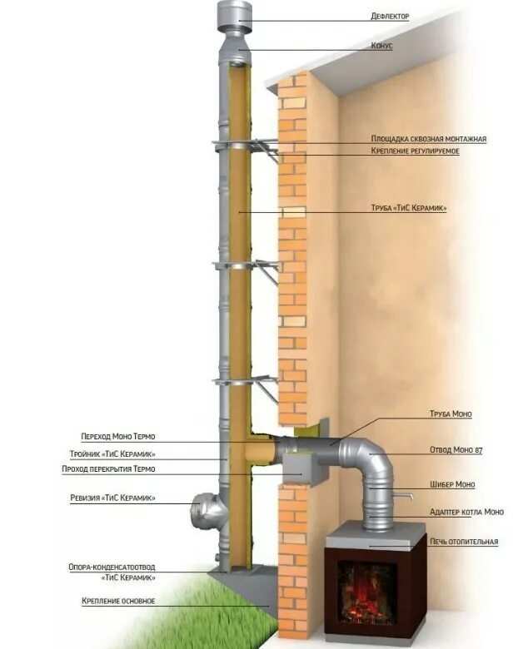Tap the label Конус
pyautogui.click(x=381, y=46)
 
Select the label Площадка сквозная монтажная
pyautogui.click(x=428, y=139)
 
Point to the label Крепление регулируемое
pyautogui.click(x=415, y=151)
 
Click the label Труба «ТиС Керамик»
pyautogui.click(x=408, y=209)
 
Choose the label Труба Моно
pyautogui.click(x=451, y=414)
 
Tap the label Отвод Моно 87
pyautogui.click(x=456, y=450)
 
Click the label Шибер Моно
pyautogui.click(x=453, y=484)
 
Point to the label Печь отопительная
pyautogui.click(x=463, y=542)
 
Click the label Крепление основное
pyautogui.click(x=119, y=601)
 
